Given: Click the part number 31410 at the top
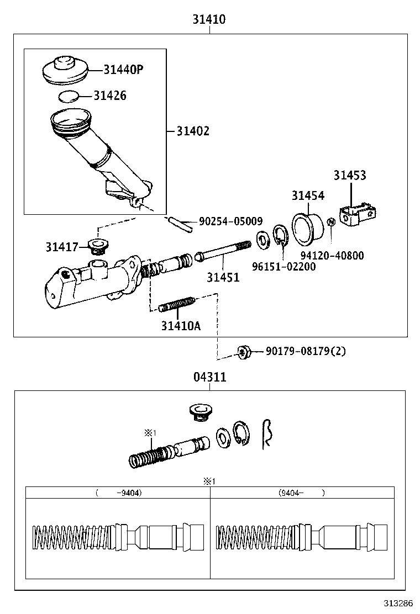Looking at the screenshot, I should [209, 19].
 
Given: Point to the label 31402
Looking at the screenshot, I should [193, 131].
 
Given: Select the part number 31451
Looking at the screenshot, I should [223, 277].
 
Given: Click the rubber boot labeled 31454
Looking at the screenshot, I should [308, 227].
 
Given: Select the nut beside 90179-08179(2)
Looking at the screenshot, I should [243, 351].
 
